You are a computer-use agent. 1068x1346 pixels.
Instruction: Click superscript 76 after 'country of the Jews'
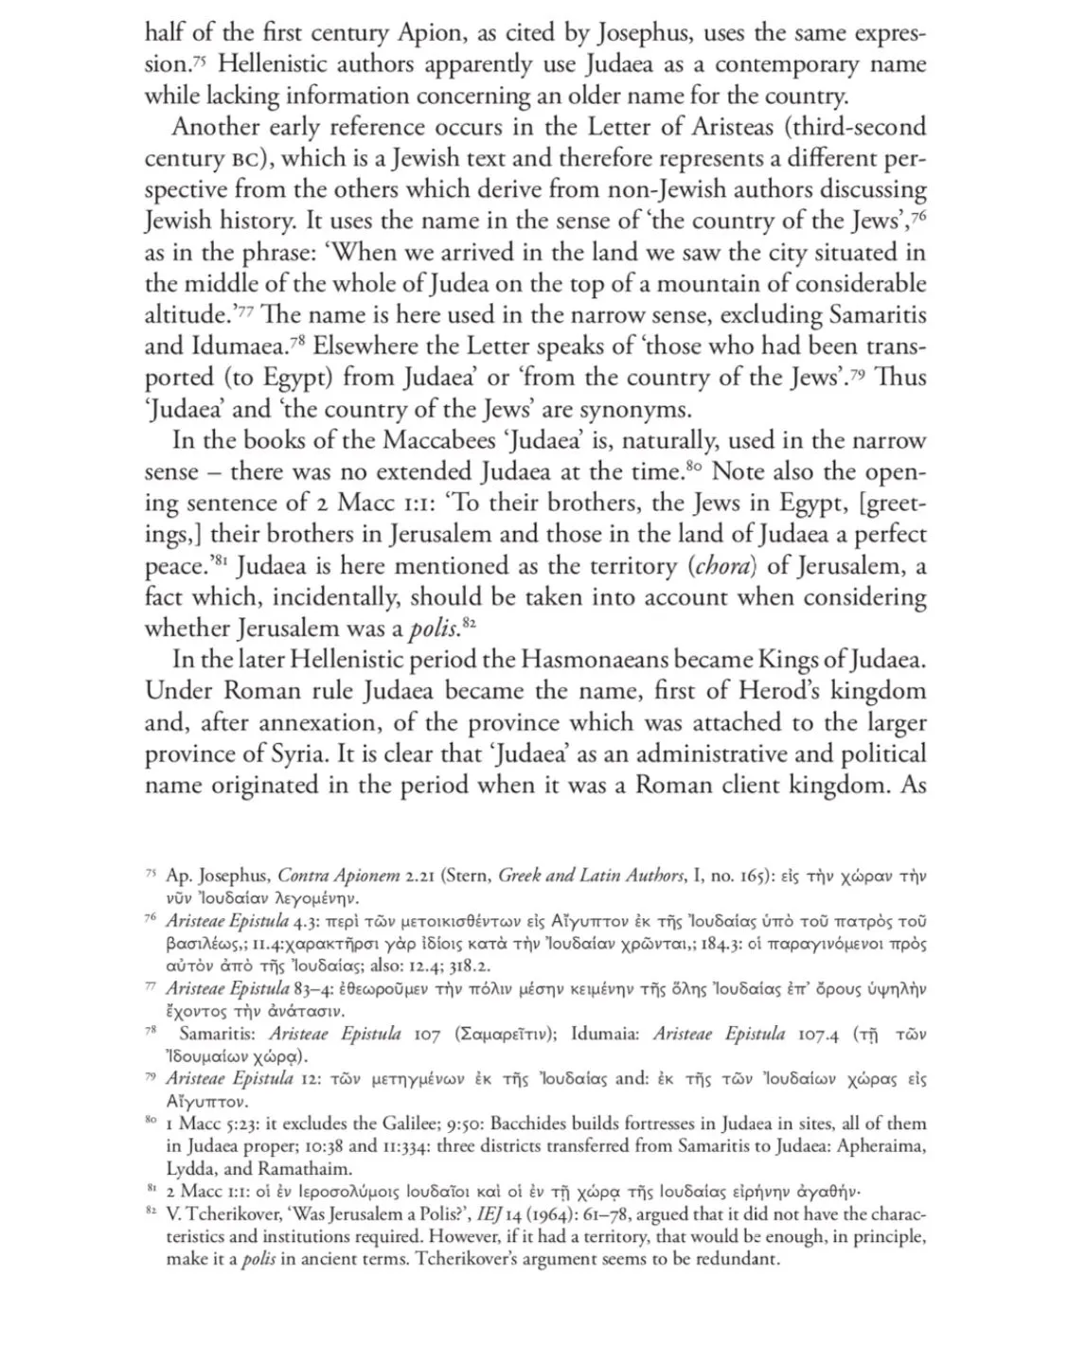917,216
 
